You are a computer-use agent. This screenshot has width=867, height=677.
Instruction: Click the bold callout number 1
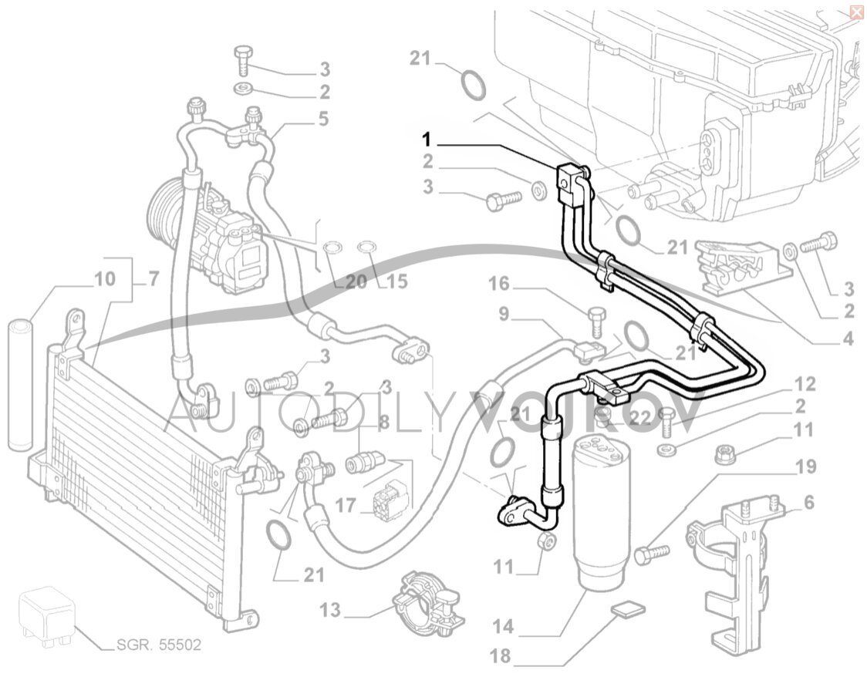tap(426, 140)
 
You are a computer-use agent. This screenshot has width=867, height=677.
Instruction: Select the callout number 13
tap(330, 611)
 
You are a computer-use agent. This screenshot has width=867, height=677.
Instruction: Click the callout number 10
tap(106, 278)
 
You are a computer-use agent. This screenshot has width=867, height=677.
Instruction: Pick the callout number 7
tap(153, 278)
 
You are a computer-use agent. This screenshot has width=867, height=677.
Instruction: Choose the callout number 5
tap(322, 119)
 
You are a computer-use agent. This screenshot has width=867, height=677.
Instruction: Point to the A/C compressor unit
tap(224, 243)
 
